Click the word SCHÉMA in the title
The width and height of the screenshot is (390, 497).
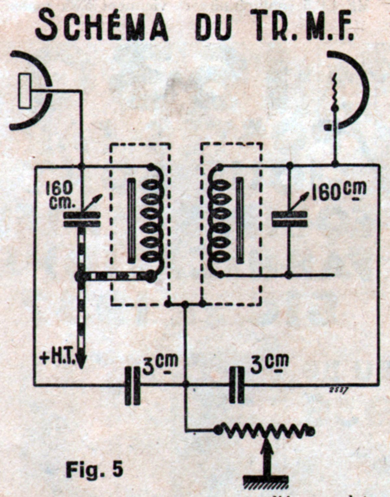click(102, 25)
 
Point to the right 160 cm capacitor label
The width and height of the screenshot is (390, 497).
click(338, 192)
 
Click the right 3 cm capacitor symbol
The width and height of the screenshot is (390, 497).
click(237, 384)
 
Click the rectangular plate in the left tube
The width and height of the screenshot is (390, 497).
click(25, 91)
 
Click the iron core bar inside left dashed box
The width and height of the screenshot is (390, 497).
click(131, 221)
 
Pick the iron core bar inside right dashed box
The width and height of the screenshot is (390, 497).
click(240, 221)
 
